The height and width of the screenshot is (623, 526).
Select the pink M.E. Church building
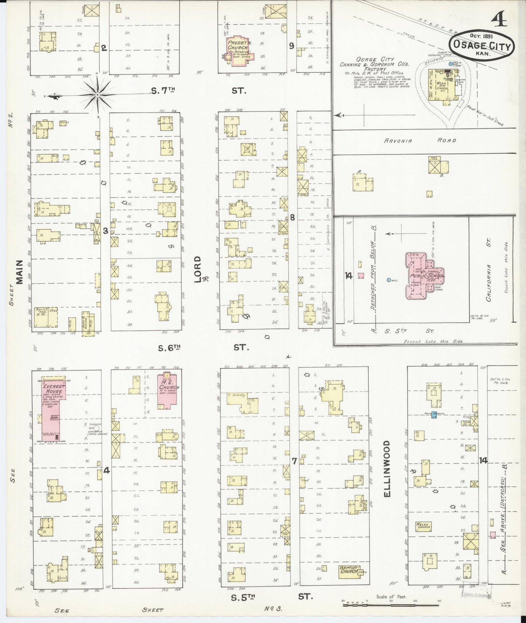coord(169,391)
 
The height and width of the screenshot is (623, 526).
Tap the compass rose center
coord(98,95)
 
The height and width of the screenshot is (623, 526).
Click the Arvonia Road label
coord(420,141)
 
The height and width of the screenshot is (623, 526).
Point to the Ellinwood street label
coord(387,469)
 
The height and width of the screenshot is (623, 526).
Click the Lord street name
coord(198,268)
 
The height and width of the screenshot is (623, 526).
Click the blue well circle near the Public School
coord(389,280)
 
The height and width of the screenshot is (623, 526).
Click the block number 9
coord(291,46)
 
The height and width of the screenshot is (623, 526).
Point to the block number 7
coord(294,461)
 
